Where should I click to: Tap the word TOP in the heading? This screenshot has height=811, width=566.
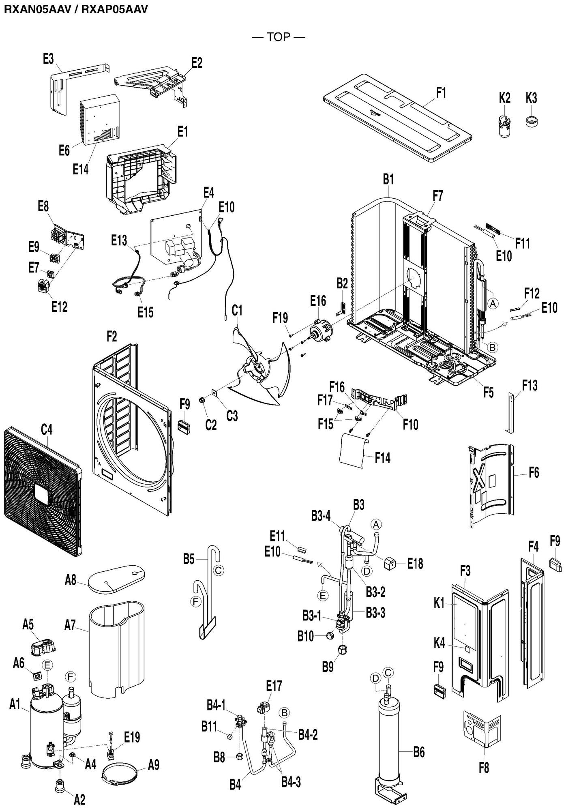click(279, 37)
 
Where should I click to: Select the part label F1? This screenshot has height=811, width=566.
click(441, 93)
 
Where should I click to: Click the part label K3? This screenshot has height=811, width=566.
click(531, 98)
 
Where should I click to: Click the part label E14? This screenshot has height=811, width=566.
click(81, 169)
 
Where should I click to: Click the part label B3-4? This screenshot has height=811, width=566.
click(321, 515)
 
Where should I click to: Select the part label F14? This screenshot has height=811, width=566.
click(382, 458)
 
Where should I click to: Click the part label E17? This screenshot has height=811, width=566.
click(274, 686)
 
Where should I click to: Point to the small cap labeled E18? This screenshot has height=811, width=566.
click(391, 563)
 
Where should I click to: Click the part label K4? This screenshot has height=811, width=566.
click(440, 643)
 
